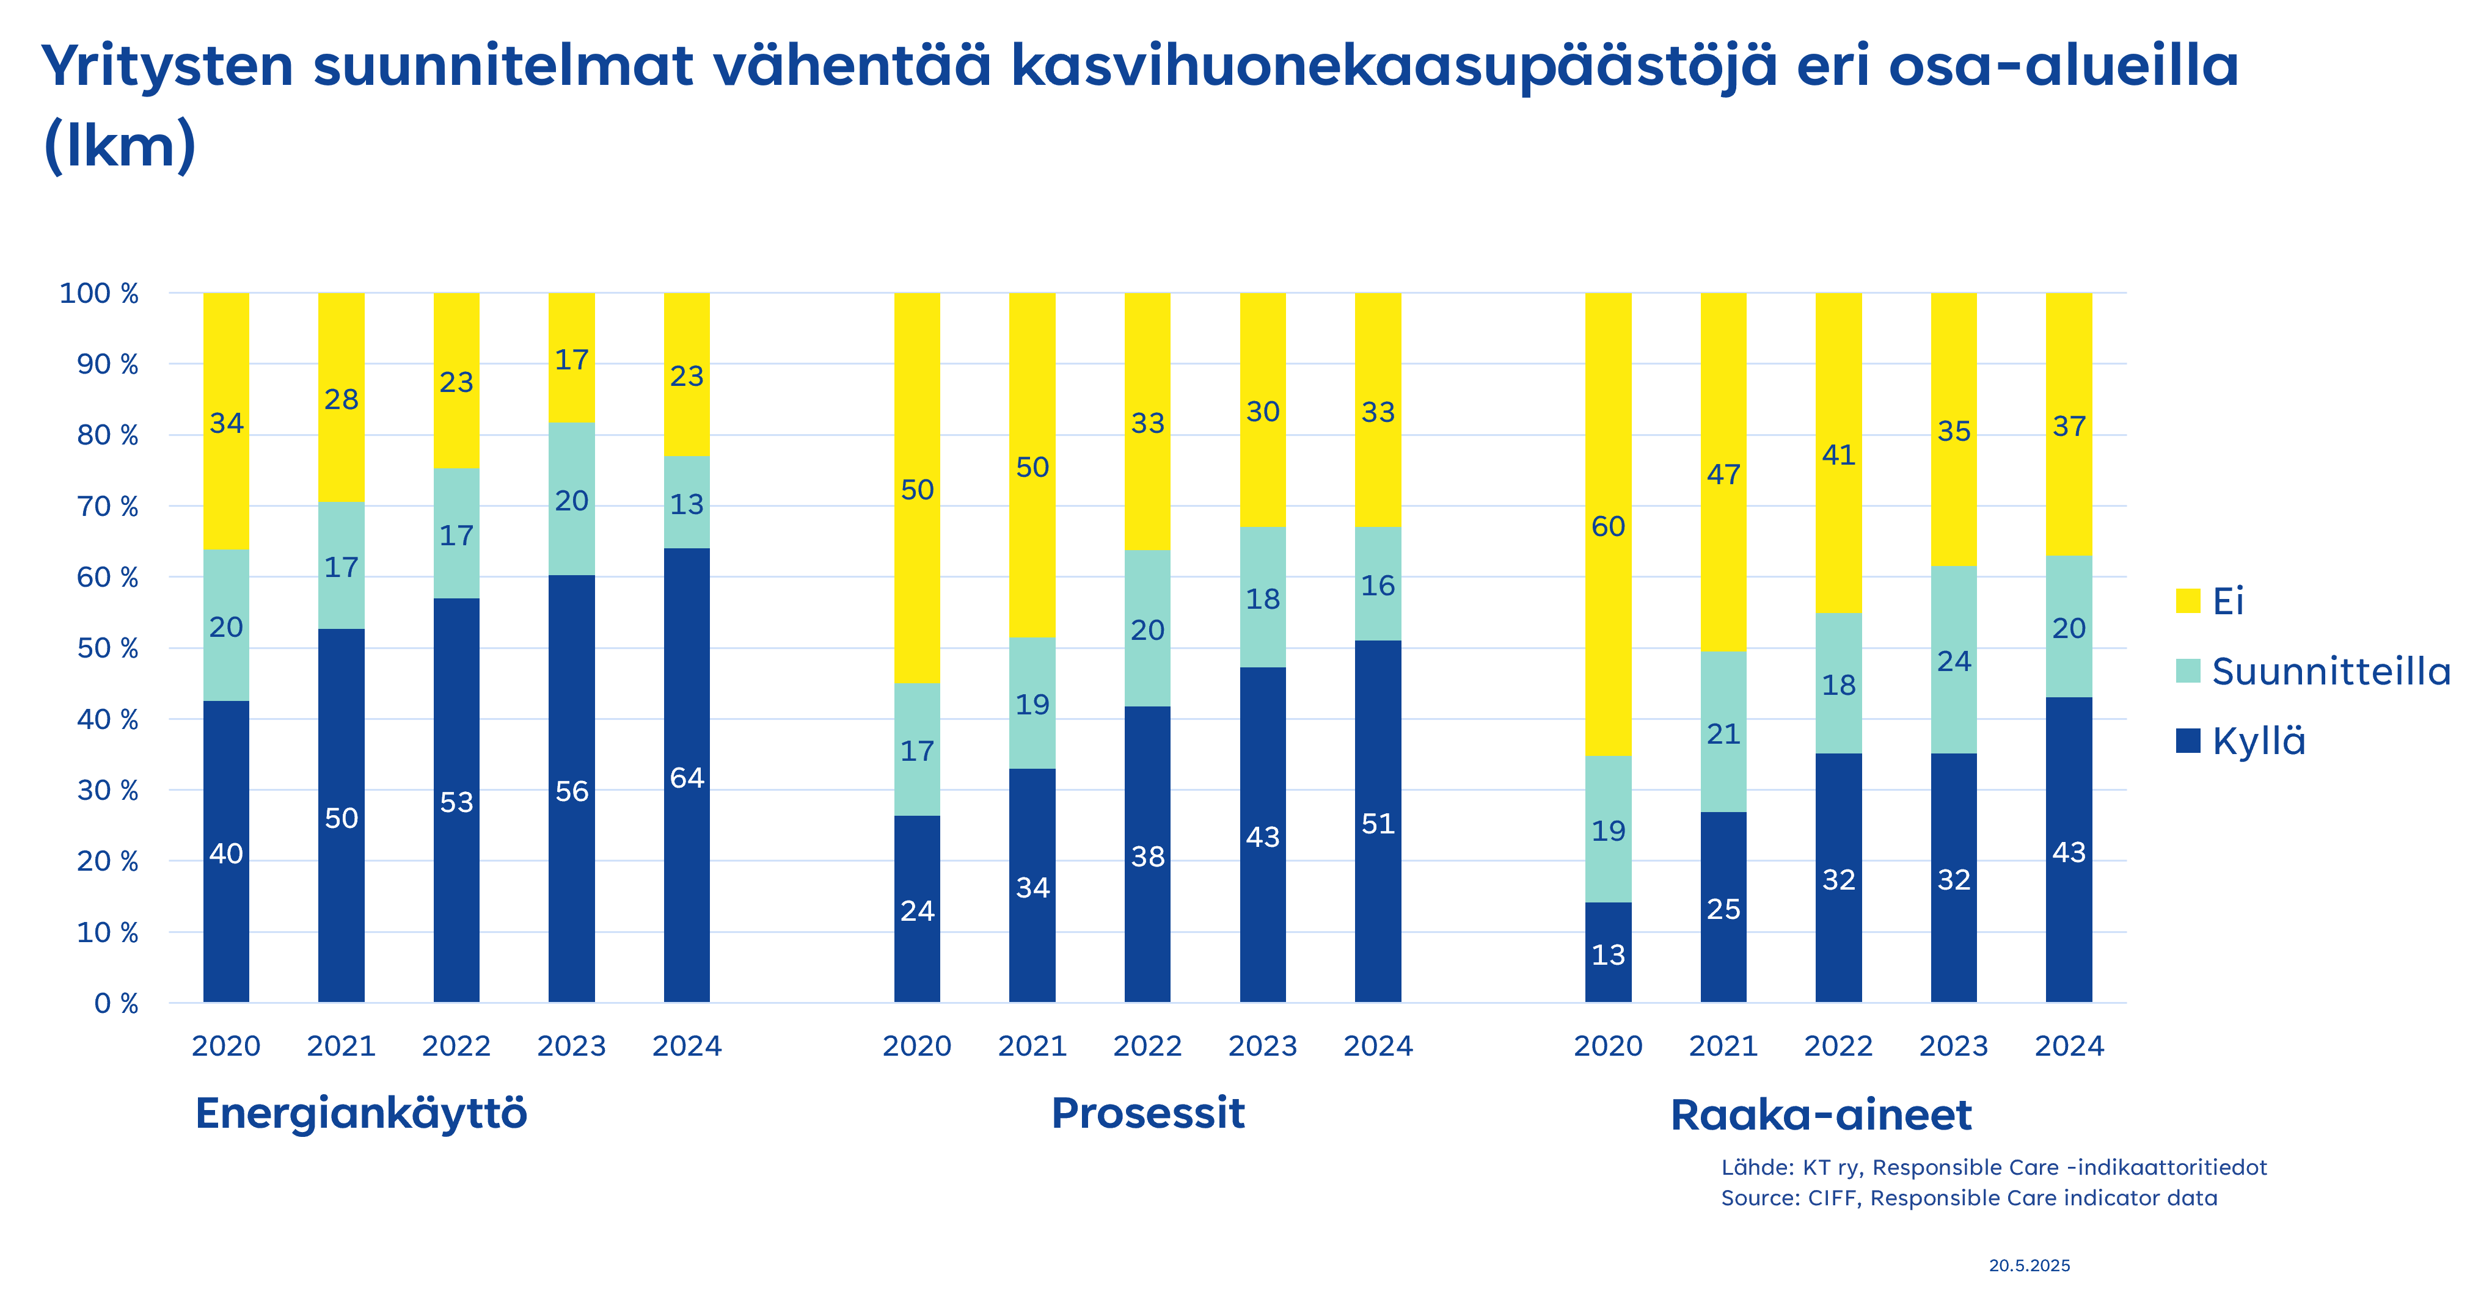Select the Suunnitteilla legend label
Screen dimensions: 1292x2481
[x=2331, y=671]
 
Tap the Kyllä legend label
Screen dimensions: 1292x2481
[x=2259, y=741]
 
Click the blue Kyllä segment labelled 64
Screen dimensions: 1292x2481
[x=687, y=776]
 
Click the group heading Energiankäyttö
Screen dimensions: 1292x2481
[x=361, y=1114]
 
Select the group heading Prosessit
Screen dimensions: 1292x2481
[x=1148, y=1114]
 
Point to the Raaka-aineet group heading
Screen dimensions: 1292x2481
[x=1821, y=1115]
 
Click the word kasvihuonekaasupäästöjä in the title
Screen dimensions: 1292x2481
[x=1394, y=65]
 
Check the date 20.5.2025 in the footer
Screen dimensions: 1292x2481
[x=2030, y=1266]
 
